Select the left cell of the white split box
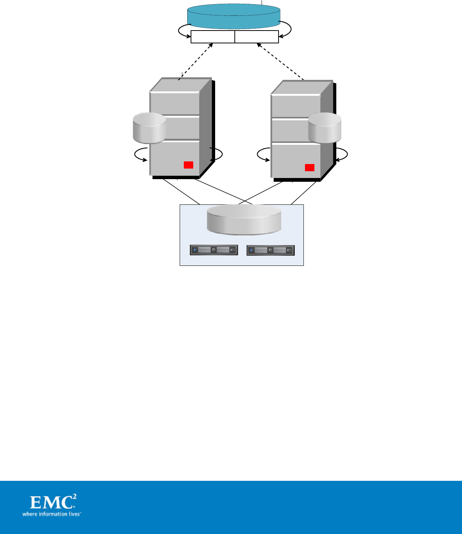[x=213, y=37]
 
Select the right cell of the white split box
[x=257, y=37]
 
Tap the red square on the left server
[x=188, y=165]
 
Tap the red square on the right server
[x=310, y=167]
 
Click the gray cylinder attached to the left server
[x=149, y=129]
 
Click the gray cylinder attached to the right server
[x=325, y=128]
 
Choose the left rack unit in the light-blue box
[x=214, y=250]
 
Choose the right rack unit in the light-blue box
[x=271, y=250]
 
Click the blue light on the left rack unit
[x=194, y=250]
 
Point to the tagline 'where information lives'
[x=51, y=514]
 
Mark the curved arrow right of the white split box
[x=286, y=30]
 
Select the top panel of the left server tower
[x=174, y=103]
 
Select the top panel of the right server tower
[x=296, y=106]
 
